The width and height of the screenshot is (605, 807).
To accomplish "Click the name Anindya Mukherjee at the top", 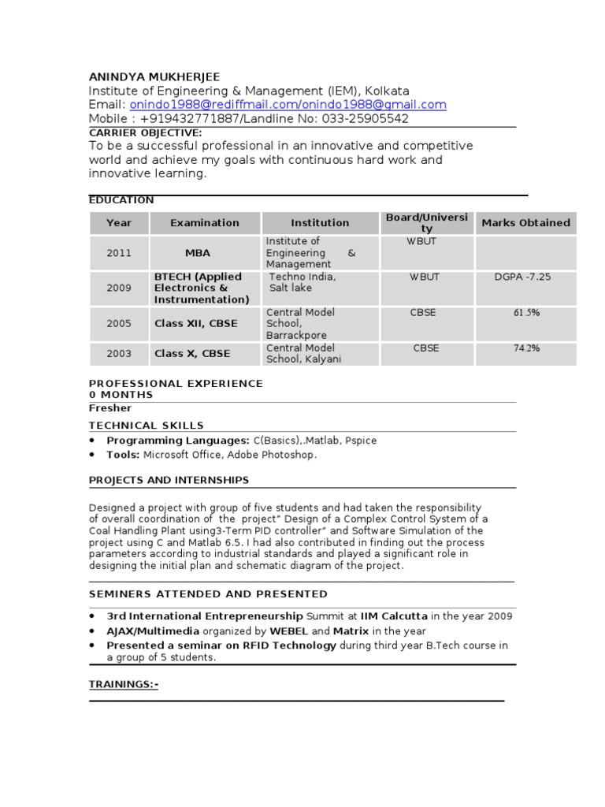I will (154, 76).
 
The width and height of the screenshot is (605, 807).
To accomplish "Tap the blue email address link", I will (288, 105).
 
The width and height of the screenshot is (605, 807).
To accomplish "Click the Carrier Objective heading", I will (146, 132).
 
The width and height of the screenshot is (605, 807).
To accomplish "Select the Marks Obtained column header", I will (525, 223).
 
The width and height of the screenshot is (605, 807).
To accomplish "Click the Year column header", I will (119, 223).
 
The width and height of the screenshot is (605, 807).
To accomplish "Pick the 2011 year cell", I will (119, 253).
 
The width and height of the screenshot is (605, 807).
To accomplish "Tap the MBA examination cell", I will (198, 253).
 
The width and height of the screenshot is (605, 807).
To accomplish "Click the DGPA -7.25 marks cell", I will (523, 277).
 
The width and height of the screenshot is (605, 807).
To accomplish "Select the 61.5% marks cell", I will (526, 313).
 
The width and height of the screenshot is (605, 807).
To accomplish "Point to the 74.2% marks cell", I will (526, 348).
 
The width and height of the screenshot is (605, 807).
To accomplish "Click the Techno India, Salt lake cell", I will (302, 283).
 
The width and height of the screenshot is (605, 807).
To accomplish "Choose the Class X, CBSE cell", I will (192, 354).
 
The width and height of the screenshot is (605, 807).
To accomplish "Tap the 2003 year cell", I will (119, 354).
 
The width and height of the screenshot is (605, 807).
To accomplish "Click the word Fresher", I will (110, 408).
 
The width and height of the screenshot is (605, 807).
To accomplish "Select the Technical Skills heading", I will (147, 426).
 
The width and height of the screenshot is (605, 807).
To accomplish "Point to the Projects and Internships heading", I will (169, 480).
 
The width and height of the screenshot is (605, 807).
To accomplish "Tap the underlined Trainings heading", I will (124, 685).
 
